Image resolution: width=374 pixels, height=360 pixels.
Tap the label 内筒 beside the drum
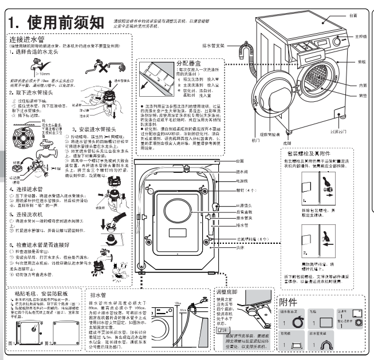(x=363, y=85)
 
